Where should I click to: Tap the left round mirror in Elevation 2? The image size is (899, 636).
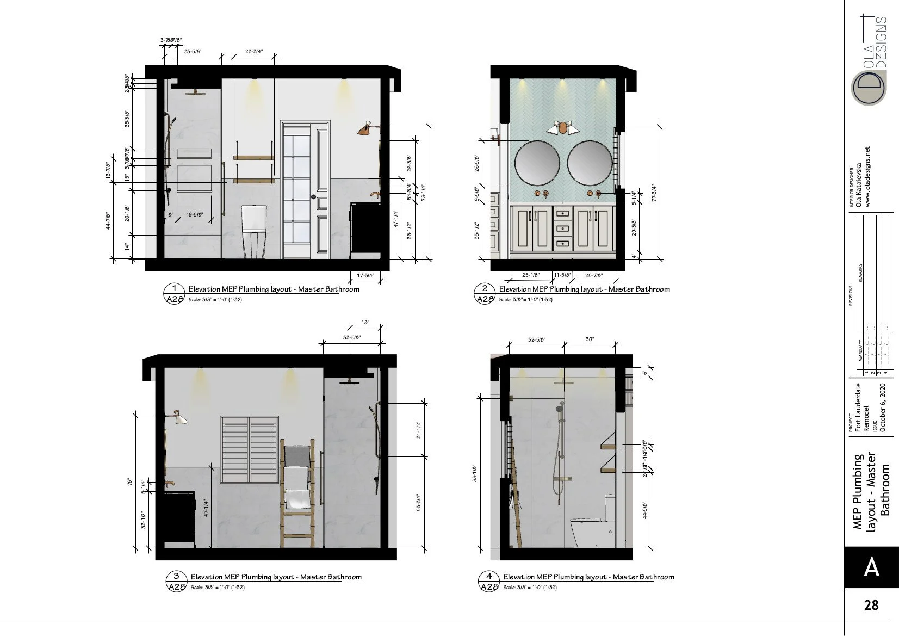[x=537, y=163]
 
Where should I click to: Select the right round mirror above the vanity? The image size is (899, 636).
[x=590, y=163]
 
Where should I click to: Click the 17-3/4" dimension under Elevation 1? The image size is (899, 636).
[x=365, y=276]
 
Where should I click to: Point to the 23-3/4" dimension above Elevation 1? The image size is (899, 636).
[x=254, y=52]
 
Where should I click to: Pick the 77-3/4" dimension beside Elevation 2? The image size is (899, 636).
[x=654, y=193]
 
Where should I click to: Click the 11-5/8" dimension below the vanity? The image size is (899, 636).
[x=562, y=275]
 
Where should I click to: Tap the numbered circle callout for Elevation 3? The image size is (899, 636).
[x=176, y=576]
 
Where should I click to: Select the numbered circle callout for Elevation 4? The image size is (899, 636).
[x=489, y=576]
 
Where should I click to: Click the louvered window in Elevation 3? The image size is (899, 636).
[x=250, y=449]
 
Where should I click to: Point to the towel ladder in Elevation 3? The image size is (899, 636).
[x=297, y=492]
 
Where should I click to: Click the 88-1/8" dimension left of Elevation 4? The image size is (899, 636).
[x=474, y=473]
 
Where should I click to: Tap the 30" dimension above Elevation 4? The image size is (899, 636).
[x=590, y=339]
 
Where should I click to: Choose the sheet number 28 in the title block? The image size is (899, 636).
[x=871, y=605]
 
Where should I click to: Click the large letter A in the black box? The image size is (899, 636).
[x=871, y=567]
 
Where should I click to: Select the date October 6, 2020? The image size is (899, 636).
[x=883, y=407]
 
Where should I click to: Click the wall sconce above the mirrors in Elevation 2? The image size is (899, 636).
[x=562, y=128]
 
